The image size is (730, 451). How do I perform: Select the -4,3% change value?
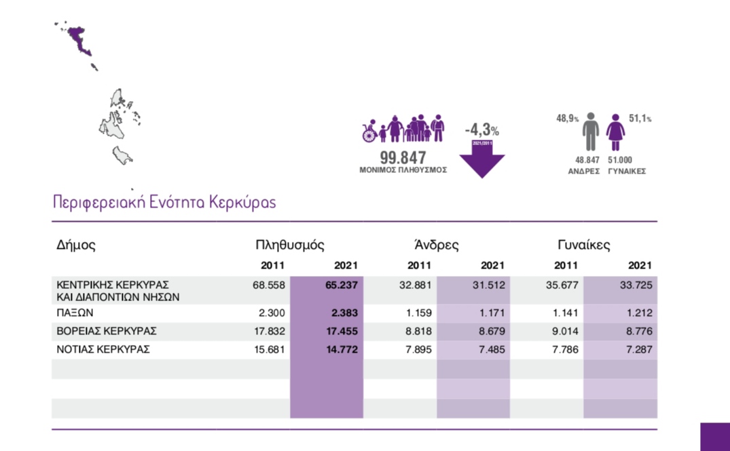pyautogui.click(x=481, y=130)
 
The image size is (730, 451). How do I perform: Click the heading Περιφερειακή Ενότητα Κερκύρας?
pyautogui.click(x=164, y=202)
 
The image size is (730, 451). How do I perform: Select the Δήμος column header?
pyautogui.click(x=75, y=245)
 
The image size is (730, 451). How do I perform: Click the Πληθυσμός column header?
pyautogui.click(x=290, y=245)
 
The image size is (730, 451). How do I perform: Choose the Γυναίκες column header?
pyautogui.click(x=584, y=245)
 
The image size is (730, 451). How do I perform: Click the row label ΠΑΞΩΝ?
pyautogui.click(x=74, y=313)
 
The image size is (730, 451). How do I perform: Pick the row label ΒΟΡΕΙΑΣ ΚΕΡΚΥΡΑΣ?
pyautogui.click(x=107, y=331)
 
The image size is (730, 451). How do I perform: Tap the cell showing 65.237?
pyautogui.click(x=341, y=286)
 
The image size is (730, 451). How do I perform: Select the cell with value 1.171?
pyautogui.click(x=490, y=313)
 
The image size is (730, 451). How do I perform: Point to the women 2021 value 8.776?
pyautogui.click(x=636, y=331)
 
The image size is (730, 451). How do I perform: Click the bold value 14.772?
pyautogui.click(x=341, y=349)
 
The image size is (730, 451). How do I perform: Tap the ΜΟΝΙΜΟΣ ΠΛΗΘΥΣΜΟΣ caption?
pyautogui.click(x=403, y=170)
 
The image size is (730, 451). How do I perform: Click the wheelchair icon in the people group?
pyautogui.click(x=369, y=132)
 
